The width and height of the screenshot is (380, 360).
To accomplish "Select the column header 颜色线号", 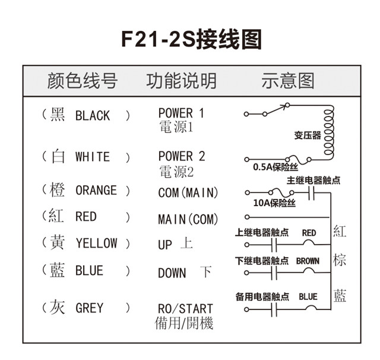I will point(83,81).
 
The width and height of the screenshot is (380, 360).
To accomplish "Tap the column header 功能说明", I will point(181,81).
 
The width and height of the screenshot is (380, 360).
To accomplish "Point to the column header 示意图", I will point(287,81).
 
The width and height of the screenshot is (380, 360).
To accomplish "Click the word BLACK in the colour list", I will point(93,116).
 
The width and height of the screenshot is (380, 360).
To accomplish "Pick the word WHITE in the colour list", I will point(93,157).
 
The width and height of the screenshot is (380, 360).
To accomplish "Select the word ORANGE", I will point(96,191).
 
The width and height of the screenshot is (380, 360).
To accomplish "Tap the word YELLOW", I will point(96,243).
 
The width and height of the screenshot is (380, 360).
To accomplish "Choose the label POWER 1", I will point(181,113).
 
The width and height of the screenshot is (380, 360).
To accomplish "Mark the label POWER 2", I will point(181,156).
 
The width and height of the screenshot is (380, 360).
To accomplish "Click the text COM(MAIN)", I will point(188,193).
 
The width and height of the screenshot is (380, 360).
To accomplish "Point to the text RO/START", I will point(185,309).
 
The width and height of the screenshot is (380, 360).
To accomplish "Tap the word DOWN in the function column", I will point(172,274).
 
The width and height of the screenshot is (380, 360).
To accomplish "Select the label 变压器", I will point(308,135).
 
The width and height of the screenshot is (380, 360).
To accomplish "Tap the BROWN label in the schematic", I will point(308,261).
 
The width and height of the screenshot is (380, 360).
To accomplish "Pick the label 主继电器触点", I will point(313,181).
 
